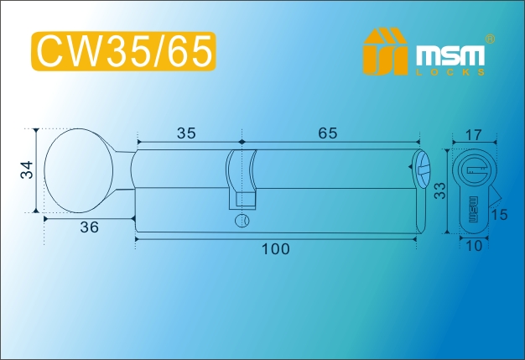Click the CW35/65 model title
pyautogui.click(x=123, y=51)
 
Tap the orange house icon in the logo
pyautogui.click(x=386, y=51)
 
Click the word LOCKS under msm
pyautogui.click(x=450, y=72)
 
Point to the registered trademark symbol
pyautogui.click(x=490, y=39)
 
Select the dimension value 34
pyautogui.click(x=28, y=170)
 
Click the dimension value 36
pyautogui.click(x=90, y=227)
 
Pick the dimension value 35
pyautogui.click(x=186, y=133)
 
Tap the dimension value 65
pyautogui.click(x=327, y=133)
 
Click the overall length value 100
pyautogui.click(x=275, y=249)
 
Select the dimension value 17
pyautogui.click(x=474, y=135)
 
